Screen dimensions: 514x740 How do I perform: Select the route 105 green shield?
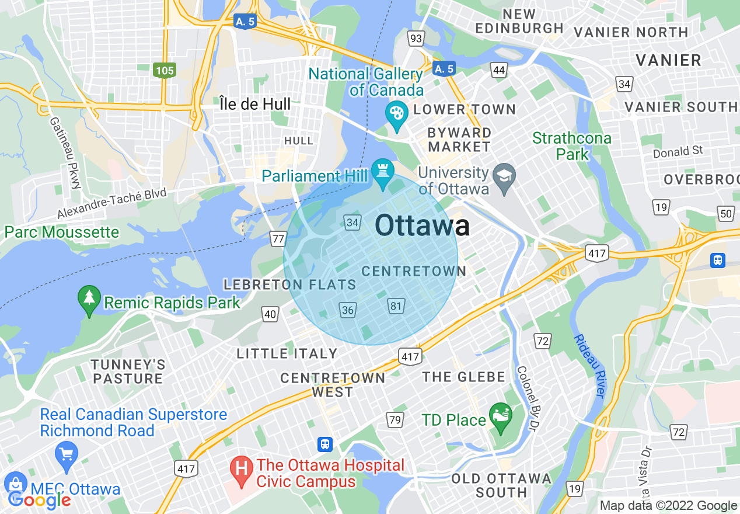(x=165, y=71)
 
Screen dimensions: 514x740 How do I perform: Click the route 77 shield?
(x=278, y=238)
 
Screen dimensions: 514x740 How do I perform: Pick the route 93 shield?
(x=416, y=39)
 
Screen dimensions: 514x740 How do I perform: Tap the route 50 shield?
(x=725, y=214)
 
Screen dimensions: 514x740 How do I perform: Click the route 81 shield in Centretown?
(x=396, y=305)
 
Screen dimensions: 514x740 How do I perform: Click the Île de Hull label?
(x=255, y=105)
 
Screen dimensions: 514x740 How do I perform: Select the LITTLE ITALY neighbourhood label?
(x=287, y=353)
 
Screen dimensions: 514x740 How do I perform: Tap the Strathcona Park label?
(x=571, y=146)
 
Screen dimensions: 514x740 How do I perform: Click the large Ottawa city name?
(x=422, y=225)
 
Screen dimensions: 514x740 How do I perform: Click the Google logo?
(x=39, y=499)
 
